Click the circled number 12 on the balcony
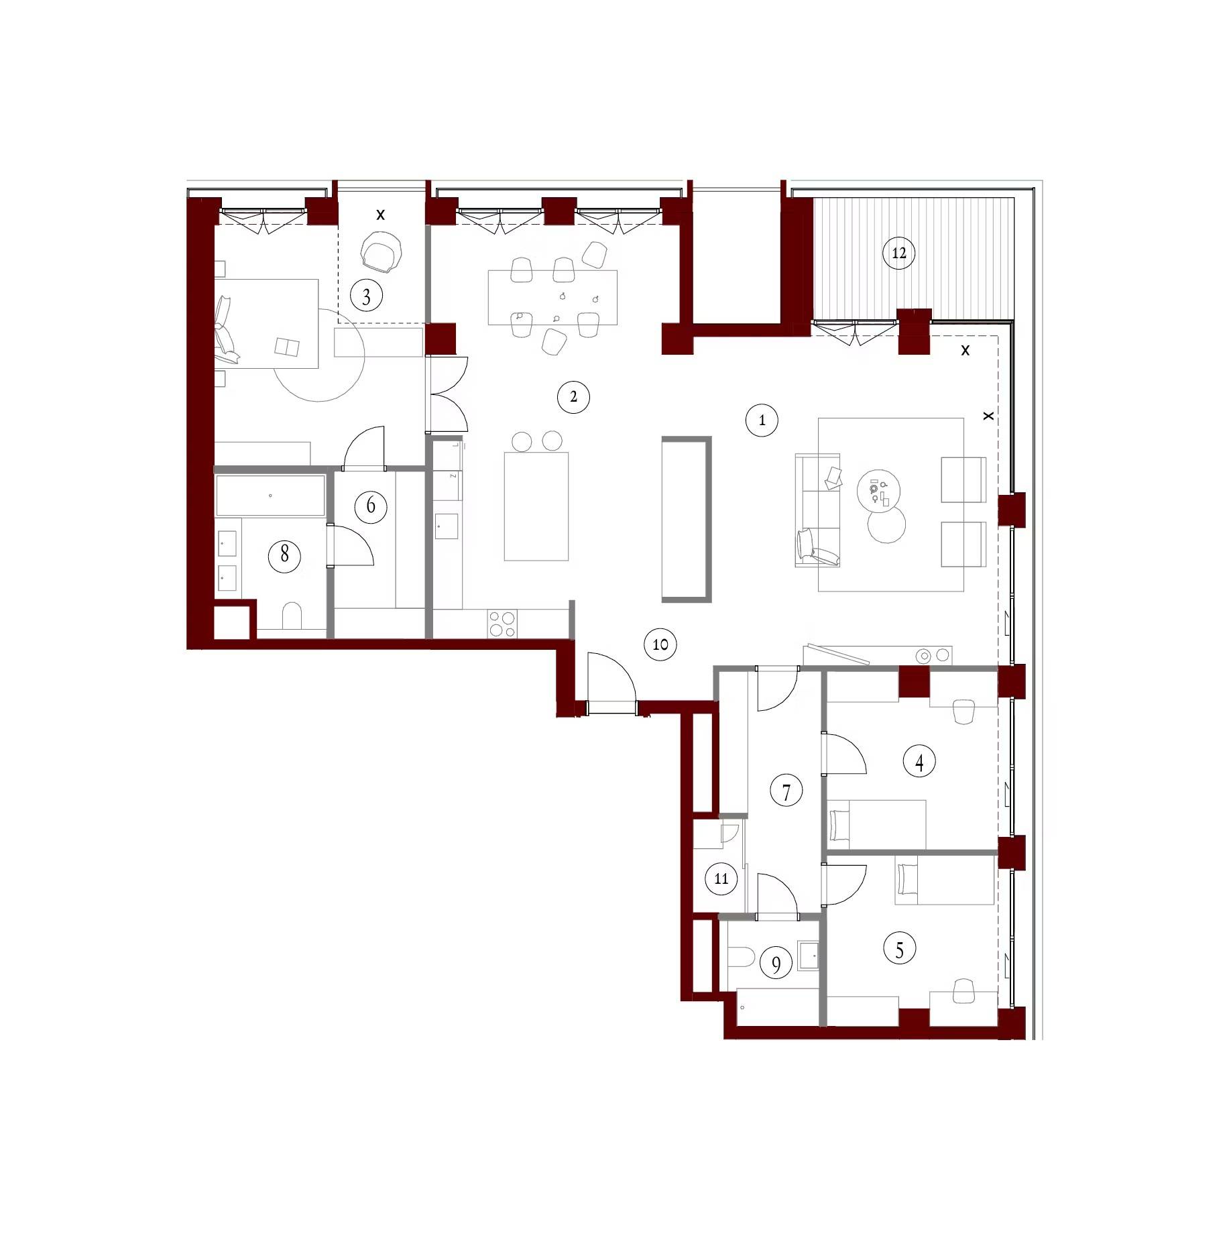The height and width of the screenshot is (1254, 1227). tap(898, 253)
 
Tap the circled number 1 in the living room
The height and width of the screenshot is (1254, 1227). tap(762, 420)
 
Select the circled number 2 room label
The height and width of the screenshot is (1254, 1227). tap(573, 397)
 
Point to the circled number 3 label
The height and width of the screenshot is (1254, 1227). tap(366, 296)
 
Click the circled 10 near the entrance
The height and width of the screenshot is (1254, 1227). tap(660, 644)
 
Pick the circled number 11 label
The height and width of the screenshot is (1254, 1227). tap(721, 878)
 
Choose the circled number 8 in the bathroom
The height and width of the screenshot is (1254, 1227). tap(284, 555)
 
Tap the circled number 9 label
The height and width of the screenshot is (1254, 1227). tap(776, 964)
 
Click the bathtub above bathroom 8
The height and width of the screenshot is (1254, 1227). tap(270, 496)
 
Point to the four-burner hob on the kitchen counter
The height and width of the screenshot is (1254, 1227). tap(502, 624)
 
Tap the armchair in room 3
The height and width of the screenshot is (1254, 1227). tap(382, 252)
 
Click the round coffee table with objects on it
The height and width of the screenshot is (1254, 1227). tap(878, 490)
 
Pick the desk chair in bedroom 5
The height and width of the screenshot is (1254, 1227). tap(963, 991)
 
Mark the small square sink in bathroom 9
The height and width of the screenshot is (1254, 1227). tap(809, 954)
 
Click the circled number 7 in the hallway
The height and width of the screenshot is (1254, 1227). tap(786, 792)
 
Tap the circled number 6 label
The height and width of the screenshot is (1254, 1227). tap(371, 506)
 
